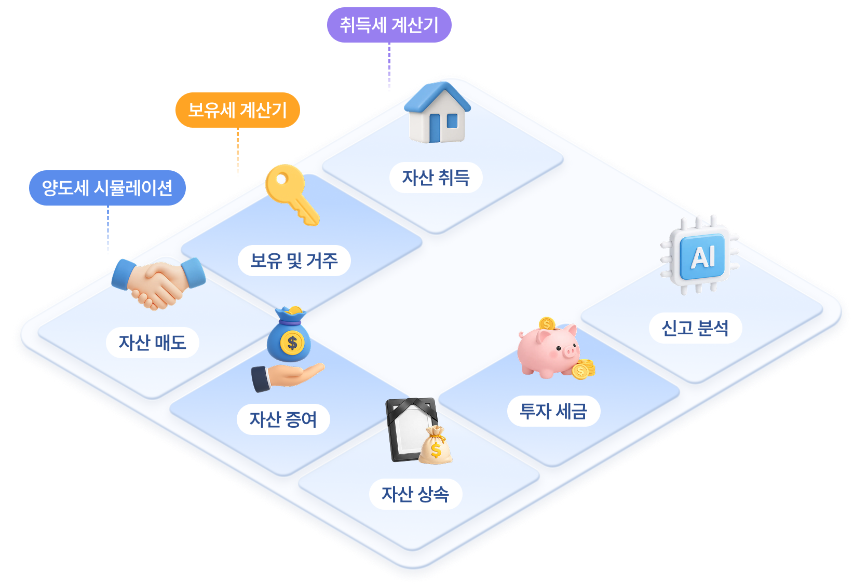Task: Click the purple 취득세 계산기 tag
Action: [x=389, y=25]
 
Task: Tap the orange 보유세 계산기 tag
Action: [x=238, y=110]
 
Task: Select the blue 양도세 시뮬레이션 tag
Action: [x=107, y=188]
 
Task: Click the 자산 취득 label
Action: [x=436, y=178]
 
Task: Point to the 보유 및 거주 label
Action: [x=294, y=261]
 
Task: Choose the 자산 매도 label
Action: [x=153, y=343]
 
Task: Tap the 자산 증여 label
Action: [x=283, y=419]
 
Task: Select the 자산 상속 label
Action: [x=416, y=494]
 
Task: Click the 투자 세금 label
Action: [x=554, y=411]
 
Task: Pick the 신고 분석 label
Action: [x=696, y=328]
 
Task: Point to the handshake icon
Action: [x=159, y=283]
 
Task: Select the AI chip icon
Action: [x=700, y=254]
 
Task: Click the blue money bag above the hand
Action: [x=289, y=334]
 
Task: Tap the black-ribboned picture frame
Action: [x=412, y=429]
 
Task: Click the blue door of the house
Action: [x=435, y=128]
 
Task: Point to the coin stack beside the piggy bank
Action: [x=584, y=369]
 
